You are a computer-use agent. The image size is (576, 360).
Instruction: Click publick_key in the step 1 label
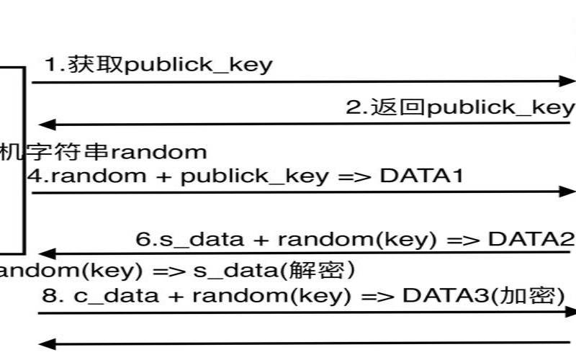pyautogui.click(x=199, y=66)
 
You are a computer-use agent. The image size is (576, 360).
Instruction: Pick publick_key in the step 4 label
pyautogui.click(x=254, y=176)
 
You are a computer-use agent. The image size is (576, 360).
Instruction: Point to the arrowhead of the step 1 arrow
pyautogui.click(x=569, y=82)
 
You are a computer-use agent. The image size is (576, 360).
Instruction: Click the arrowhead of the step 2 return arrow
pyautogui.click(x=45, y=124)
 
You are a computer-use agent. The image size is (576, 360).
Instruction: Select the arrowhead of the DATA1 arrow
pyautogui.click(x=569, y=192)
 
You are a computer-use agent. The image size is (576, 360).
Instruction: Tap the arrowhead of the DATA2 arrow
pyautogui.click(x=45, y=253)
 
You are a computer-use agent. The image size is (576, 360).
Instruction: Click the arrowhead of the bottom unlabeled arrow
pyautogui.click(x=45, y=343)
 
